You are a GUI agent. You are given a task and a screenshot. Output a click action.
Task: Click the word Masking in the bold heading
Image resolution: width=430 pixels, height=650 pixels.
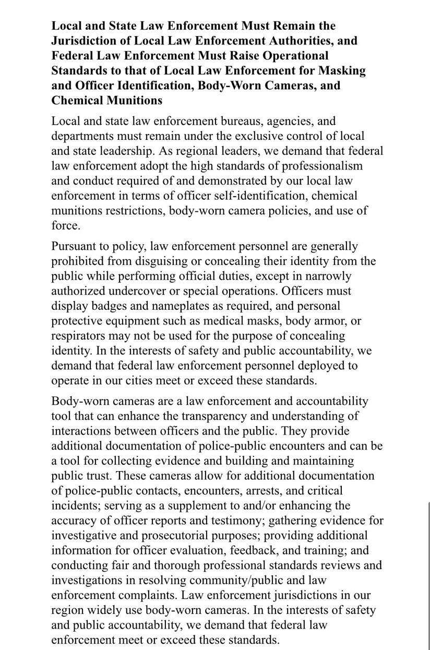(x=342, y=70)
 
